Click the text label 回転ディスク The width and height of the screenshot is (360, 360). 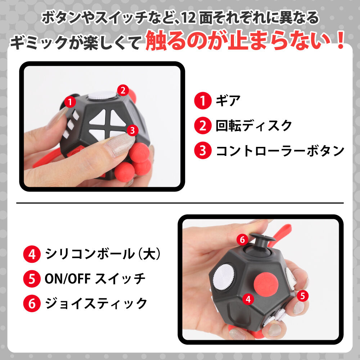[x=254, y=126]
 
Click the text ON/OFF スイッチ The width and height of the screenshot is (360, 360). [x=95, y=278]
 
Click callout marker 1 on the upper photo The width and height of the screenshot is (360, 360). [x=71, y=102]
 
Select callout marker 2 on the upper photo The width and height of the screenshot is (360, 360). [x=123, y=90]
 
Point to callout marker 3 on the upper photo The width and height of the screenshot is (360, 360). [x=132, y=130]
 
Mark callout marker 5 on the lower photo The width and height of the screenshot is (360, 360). [x=302, y=296]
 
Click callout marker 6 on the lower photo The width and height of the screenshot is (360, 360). [x=242, y=239]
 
